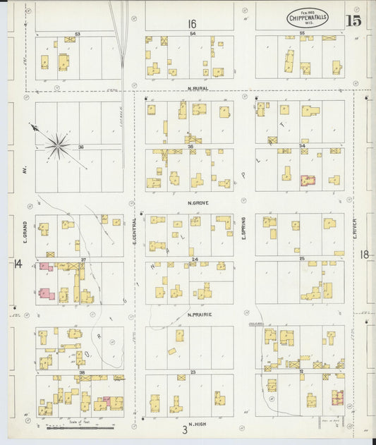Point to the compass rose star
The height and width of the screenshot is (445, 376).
(x=59, y=146)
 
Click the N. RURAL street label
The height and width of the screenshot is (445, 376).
(x=200, y=88)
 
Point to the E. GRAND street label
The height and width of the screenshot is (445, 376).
(x=24, y=230)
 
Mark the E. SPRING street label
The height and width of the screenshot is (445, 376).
(x=243, y=227)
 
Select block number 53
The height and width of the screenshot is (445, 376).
(x=78, y=33)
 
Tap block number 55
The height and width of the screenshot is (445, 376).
(x=301, y=33)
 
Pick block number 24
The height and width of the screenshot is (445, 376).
(x=194, y=259)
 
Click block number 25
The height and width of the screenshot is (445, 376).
(x=301, y=259)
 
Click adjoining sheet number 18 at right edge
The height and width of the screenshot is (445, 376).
(x=365, y=254)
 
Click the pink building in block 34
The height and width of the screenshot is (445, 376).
(x=308, y=181)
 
